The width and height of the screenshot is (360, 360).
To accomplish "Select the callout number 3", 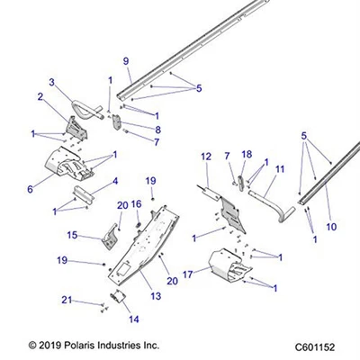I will [x=52, y=83].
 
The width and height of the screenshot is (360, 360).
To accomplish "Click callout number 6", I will [x=31, y=190].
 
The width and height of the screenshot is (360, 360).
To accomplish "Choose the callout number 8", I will [x=157, y=130].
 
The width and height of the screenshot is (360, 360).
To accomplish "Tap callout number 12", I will [x=206, y=157].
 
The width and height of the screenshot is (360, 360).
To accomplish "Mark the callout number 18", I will [x=247, y=155].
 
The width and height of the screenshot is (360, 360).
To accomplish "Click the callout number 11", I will [x=280, y=169].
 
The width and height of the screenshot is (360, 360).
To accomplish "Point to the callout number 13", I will [x=156, y=296].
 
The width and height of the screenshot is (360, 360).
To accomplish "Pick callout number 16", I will [x=137, y=204].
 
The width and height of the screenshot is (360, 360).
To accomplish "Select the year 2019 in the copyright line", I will [x=54, y=344].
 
